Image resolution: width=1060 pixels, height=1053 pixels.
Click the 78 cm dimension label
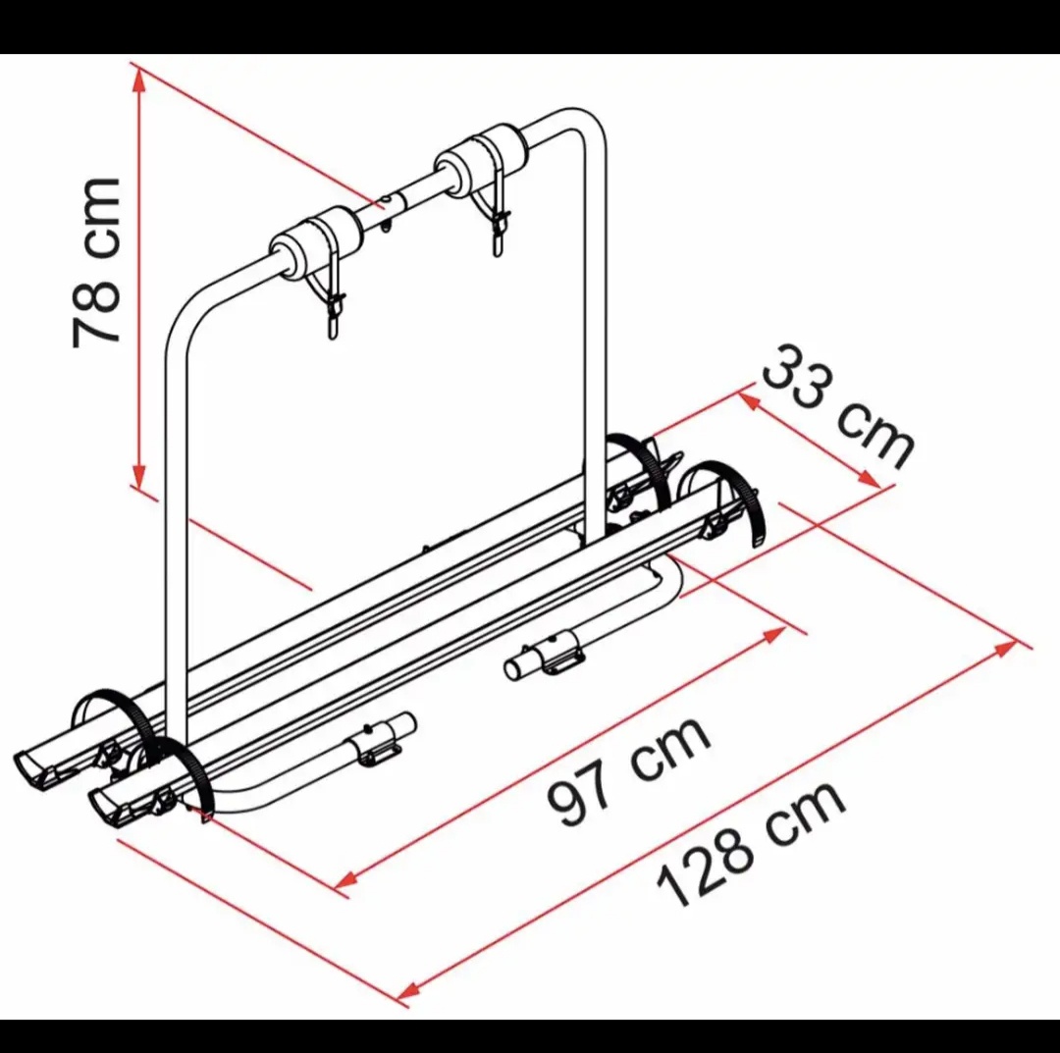[96, 263]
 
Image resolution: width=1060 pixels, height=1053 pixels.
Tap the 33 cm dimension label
[838, 405]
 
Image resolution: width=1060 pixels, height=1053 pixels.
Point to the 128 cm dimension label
[751, 844]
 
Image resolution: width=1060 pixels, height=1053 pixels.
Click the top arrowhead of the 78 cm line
[139, 79]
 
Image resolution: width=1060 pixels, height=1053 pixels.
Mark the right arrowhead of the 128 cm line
[1007, 648]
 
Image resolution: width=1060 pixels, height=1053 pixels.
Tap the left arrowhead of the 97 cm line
[346, 879]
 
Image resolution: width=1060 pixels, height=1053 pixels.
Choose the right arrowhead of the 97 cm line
[774, 634]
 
